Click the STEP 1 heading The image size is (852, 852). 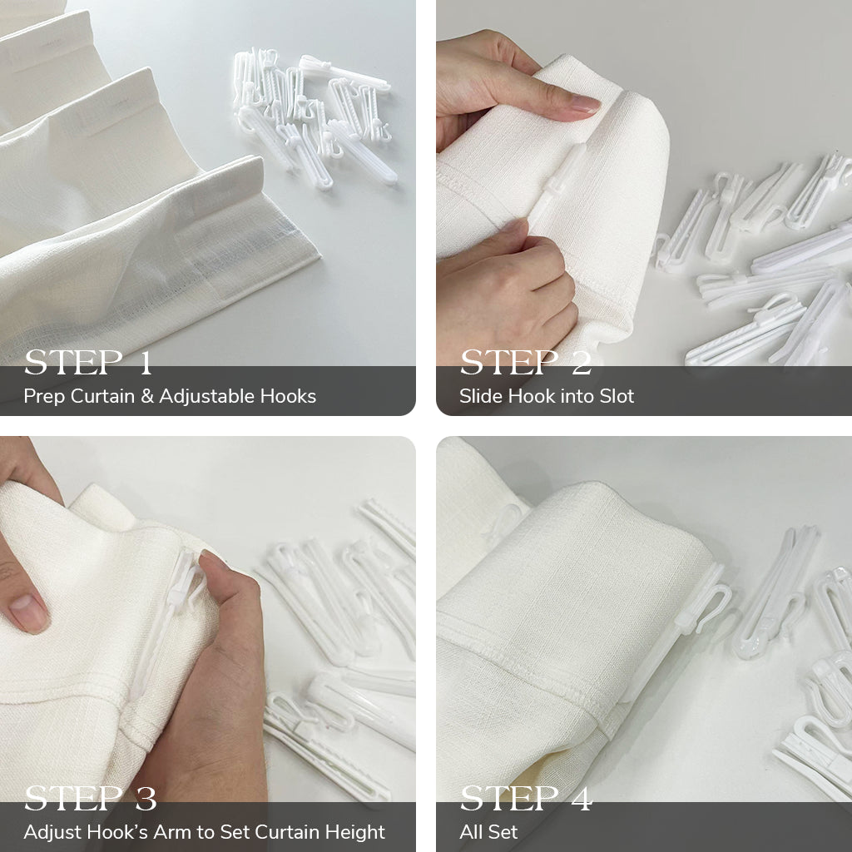coord(88,363)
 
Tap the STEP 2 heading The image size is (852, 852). coord(526,363)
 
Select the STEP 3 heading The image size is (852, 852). coord(90,798)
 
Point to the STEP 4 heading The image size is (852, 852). coord(526,798)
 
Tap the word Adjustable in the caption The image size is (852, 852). coord(207,397)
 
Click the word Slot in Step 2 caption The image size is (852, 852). coord(617,396)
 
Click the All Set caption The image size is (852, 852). coord(488,832)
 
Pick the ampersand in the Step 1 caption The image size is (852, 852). coord(147,396)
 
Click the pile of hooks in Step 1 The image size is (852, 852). coord(314,116)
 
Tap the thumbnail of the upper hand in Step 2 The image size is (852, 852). coord(583,103)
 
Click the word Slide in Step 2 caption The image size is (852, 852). coord(481,396)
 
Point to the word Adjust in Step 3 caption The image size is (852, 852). coord(53,832)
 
